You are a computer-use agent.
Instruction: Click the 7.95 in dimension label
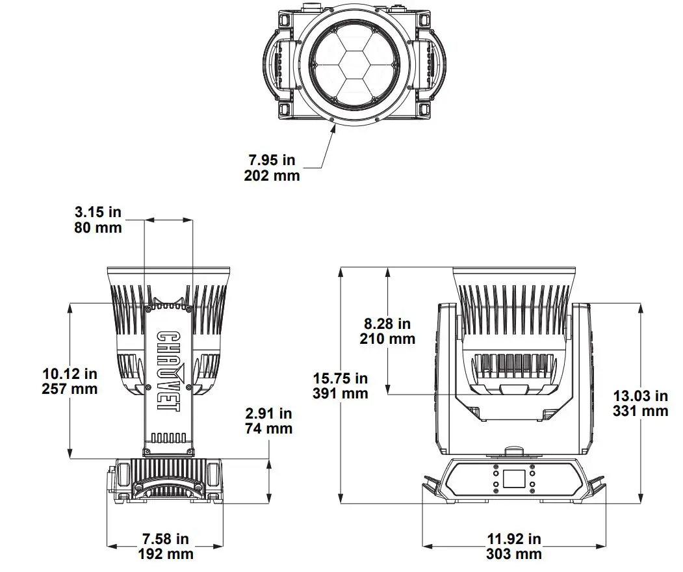tap(272, 160)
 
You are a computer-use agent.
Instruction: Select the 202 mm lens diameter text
tap(272, 175)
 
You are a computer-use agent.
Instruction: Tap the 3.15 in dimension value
tap(98, 213)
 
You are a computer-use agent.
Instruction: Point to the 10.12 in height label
tap(70, 374)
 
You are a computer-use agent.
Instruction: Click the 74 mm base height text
tap(268, 428)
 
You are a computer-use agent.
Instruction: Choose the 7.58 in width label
tap(166, 539)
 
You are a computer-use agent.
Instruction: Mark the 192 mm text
tap(166, 554)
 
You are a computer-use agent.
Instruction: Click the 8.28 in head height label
tap(387, 323)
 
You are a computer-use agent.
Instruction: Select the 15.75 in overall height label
tap(340, 378)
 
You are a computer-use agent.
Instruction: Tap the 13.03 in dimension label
tap(640, 396)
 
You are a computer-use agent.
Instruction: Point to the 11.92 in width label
tap(513, 539)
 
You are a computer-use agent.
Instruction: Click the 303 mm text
tap(513, 554)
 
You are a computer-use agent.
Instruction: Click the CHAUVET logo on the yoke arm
tap(168, 370)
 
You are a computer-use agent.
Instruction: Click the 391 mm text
tap(340, 393)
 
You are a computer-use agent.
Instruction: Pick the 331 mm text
tap(640, 411)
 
